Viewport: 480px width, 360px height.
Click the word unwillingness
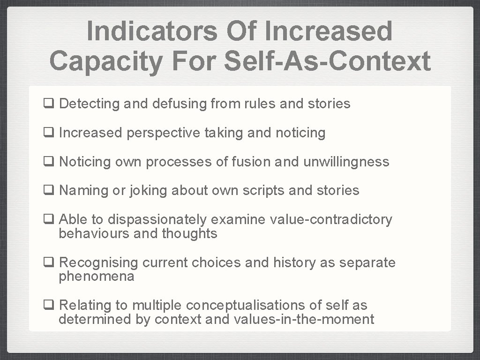point(346,162)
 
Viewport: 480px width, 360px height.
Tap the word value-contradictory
point(330,219)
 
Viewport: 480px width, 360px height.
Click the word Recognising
point(99,262)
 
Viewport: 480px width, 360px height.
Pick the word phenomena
point(97,277)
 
